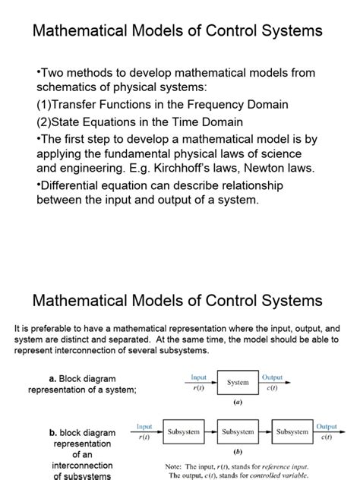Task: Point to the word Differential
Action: [x=75, y=186]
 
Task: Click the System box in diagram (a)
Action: [x=238, y=383]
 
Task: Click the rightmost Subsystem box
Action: [x=292, y=431]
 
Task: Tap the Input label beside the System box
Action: [x=198, y=377]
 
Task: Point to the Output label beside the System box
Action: [x=272, y=377]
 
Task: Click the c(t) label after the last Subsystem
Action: [x=327, y=437]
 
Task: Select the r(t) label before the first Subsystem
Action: [x=144, y=437]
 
